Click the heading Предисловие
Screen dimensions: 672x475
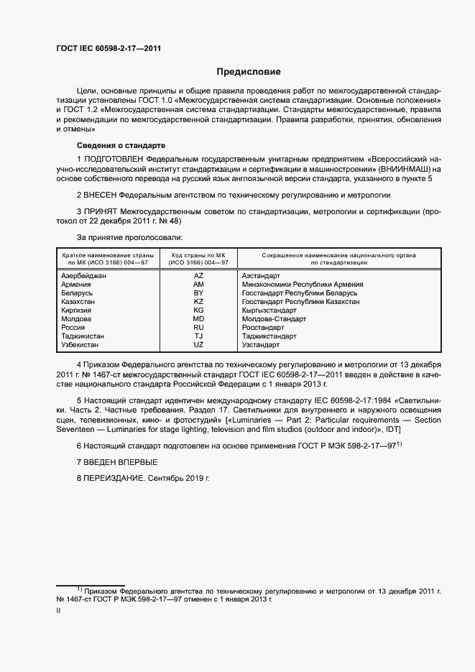[x=249, y=72]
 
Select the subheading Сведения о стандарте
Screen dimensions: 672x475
[x=120, y=144]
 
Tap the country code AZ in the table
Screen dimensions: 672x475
[x=199, y=276]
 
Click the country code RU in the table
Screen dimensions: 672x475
[x=199, y=327]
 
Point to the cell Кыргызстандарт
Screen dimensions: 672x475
[x=269, y=310]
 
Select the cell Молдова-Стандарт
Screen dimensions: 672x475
[x=273, y=318]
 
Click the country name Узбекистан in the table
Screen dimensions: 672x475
[x=81, y=344]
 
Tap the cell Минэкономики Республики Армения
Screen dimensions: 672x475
[x=302, y=285]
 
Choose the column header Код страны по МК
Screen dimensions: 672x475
[x=198, y=255]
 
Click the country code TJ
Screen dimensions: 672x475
[x=199, y=336]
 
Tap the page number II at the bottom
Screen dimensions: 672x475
[x=58, y=609]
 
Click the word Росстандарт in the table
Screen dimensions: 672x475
[x=264, y=327]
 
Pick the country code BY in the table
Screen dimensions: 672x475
[x=199, y=293]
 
